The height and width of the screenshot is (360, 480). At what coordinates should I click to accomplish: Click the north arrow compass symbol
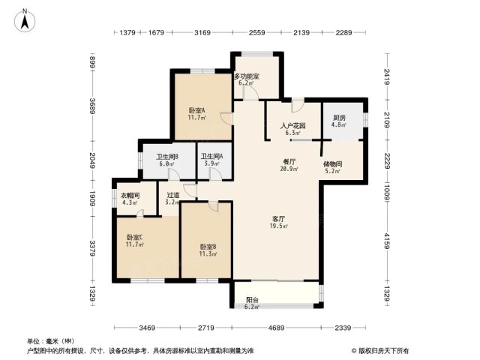point(25,20)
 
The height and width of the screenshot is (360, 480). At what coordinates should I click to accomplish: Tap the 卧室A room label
point(196,110)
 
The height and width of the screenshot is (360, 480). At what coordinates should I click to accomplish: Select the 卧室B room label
point(208,247)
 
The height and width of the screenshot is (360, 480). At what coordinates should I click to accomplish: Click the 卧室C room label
point(135,237)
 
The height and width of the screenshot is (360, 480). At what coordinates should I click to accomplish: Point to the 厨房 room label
point(339,118)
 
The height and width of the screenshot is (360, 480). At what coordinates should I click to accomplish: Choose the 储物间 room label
point(332,164)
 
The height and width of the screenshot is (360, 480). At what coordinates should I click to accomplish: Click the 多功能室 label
point(247,76)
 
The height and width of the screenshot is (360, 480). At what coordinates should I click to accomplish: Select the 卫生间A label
point(211,157)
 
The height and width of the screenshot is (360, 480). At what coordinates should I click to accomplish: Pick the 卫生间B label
point(167,157)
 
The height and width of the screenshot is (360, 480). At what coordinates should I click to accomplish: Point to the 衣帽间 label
point(130,195)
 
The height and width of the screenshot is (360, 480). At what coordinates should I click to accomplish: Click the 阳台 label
point(252,300)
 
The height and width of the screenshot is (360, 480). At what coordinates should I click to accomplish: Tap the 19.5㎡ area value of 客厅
point(279,226)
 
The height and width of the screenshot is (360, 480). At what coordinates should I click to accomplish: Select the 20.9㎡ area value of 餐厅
point(289,169)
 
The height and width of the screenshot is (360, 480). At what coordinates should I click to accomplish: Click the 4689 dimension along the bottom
point(276,328)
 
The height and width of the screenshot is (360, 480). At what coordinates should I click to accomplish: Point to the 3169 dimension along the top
point(202,32)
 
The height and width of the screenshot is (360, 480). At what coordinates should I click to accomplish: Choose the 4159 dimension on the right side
point(388,241)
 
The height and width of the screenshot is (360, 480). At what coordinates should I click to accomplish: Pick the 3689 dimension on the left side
point(92,106)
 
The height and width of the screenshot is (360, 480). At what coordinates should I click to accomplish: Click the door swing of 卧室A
point(226,118)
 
